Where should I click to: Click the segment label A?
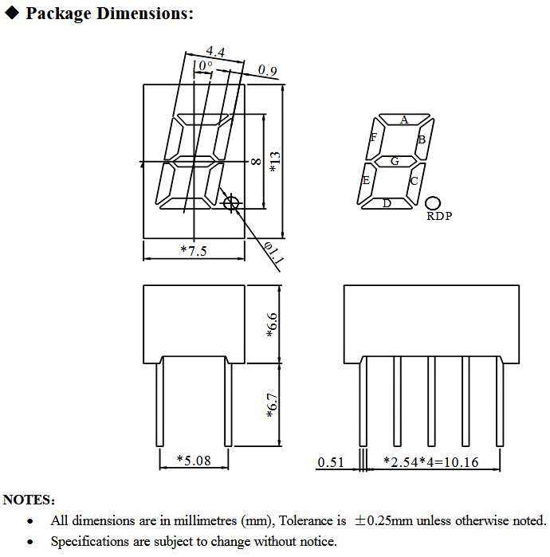pos(404,120)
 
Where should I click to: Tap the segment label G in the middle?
pos(395,161)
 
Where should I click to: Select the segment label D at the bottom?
pos(387,203)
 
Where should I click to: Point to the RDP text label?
pos(438,216)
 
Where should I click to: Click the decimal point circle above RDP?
pos(434,203)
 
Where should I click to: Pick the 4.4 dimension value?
pos(214,52)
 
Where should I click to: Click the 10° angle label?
pos(201,65)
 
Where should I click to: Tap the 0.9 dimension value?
pos(268,72)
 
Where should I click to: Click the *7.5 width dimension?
pos(194,251)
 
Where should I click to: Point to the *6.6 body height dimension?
pos(272,324)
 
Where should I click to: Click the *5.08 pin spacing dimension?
pos(194,461)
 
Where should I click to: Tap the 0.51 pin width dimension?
pos(330,462)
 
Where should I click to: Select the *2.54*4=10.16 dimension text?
pos(430,462)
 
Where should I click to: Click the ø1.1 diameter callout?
pos(273,253)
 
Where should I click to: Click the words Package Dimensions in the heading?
pos(109,14)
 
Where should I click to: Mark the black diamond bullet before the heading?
pos(12,14)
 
